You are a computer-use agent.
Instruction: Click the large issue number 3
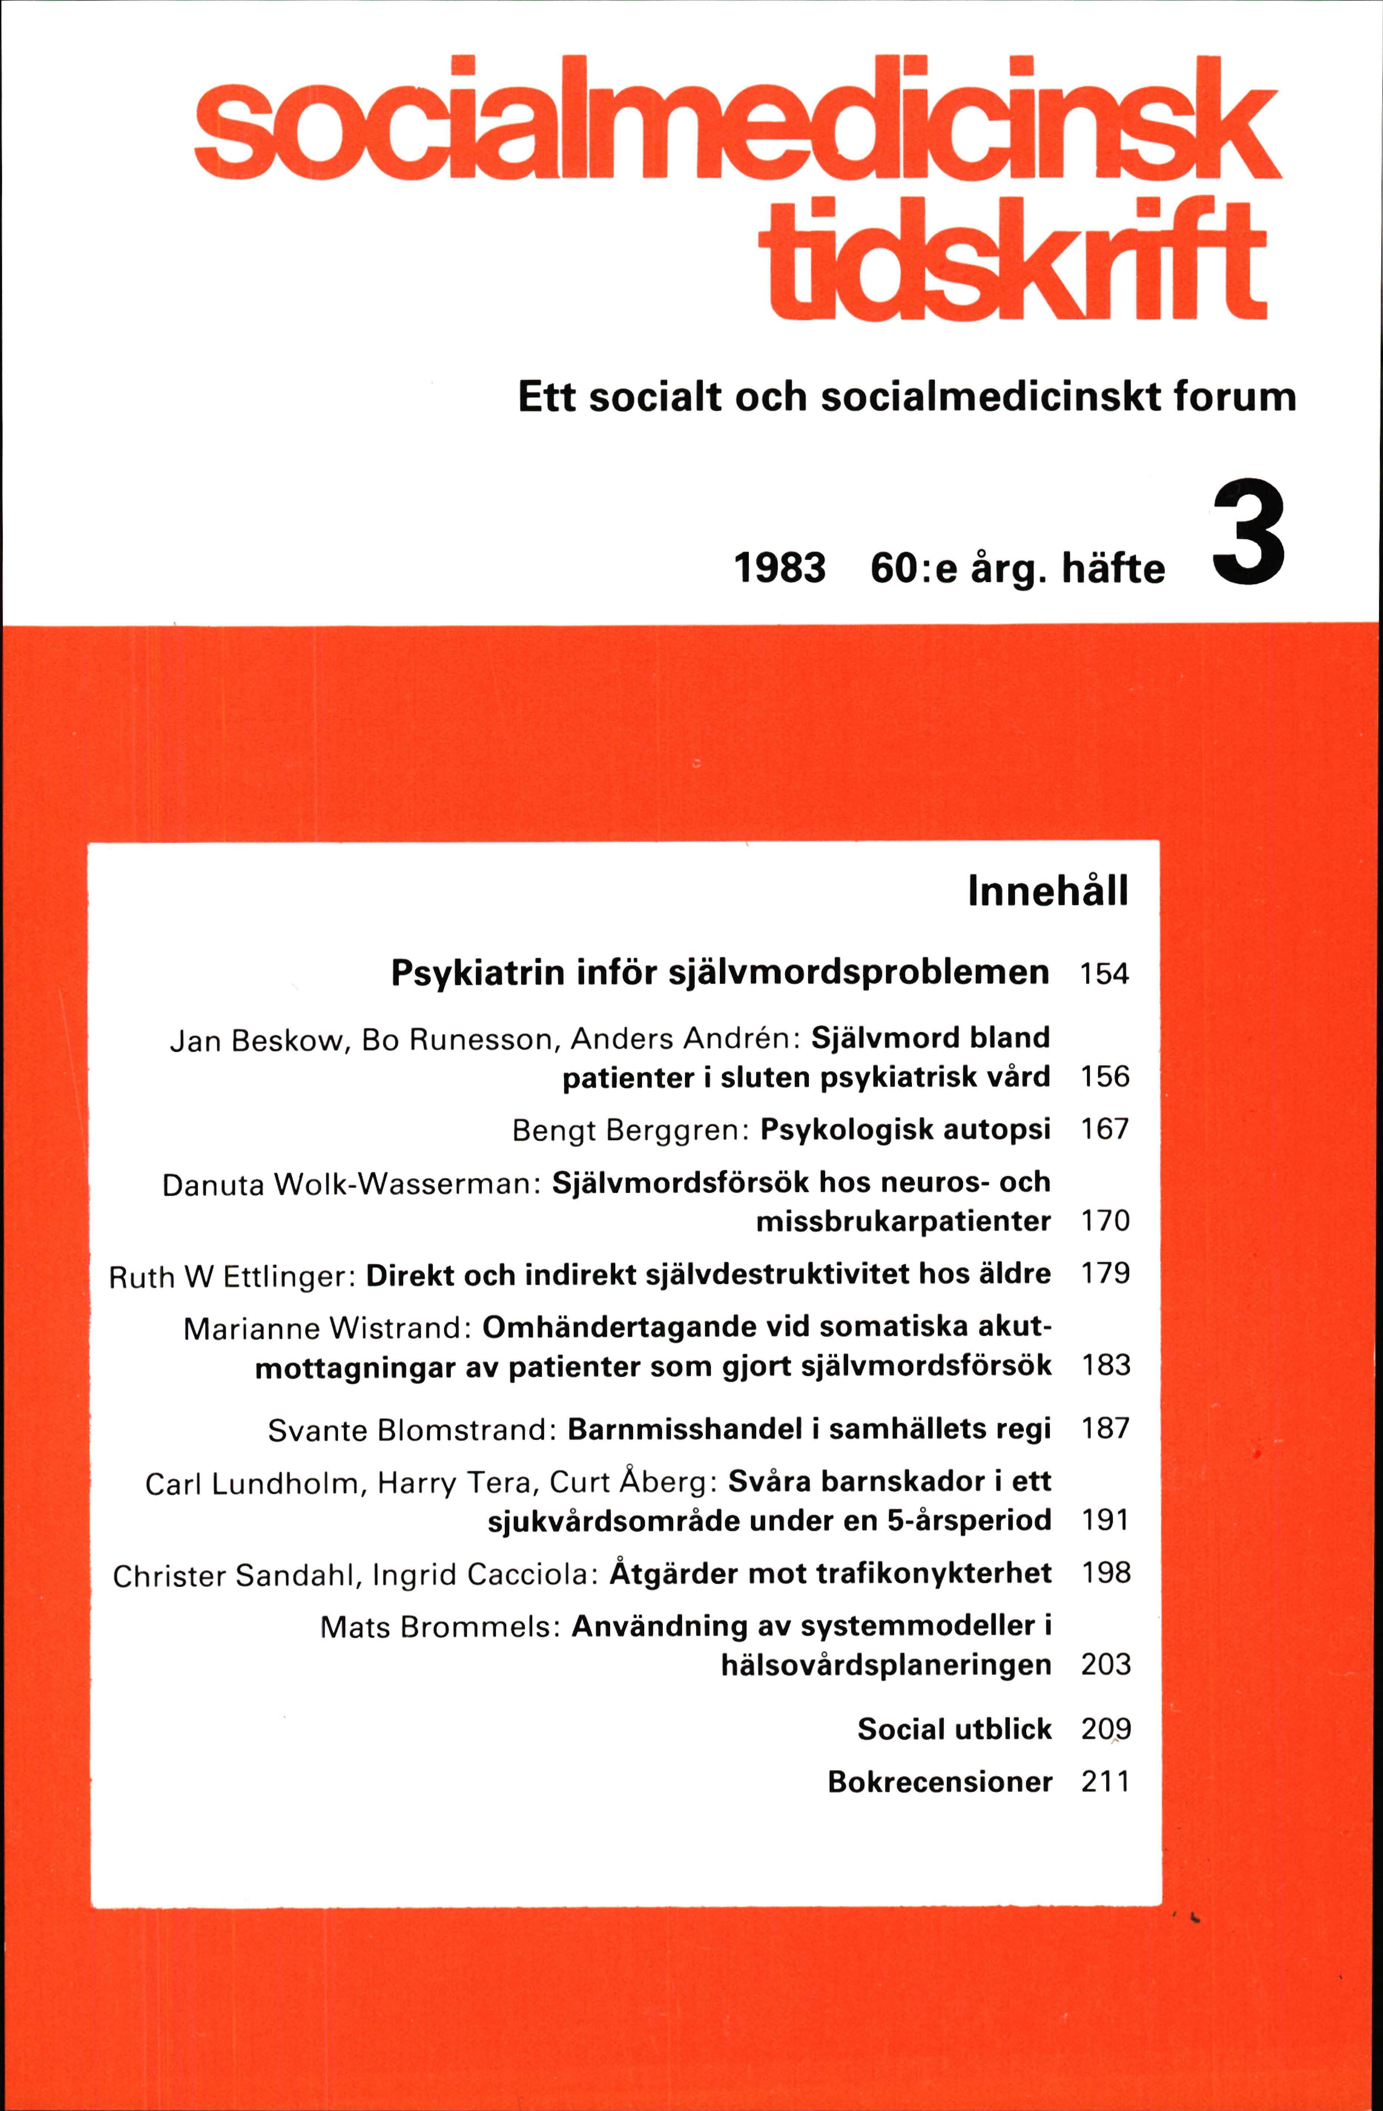pyautogui.click(x=1248, y=532)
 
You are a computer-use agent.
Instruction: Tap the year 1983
pyautogui.click(x=779, y=568)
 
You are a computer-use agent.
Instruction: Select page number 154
pyautogui.click(x=1105, y=974)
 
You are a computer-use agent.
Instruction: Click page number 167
pyautogui.click(x=1105, y=1129)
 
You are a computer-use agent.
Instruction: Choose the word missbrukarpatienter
pyautogui.click(x=902, y=1221)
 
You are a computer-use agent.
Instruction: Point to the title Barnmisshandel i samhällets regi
pyautogui.click(x=809, y=1429)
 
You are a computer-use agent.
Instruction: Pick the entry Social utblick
pyautogui.click(x=954, y=1729)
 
